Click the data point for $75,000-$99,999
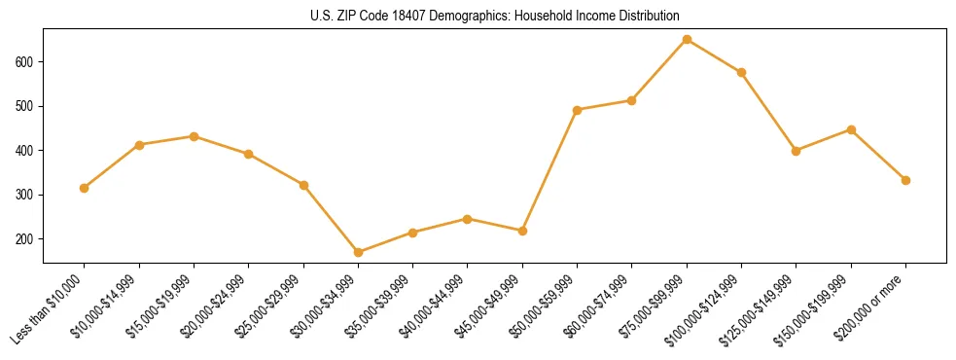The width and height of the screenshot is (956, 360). point(687,40)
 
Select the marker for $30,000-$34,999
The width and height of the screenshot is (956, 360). point(358,252)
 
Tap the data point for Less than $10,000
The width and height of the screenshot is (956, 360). point(85,188)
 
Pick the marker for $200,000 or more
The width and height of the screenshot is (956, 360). point(905,180)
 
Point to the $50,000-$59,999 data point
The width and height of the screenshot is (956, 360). point(577,110)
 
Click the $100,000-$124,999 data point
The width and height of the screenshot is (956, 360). point(741,72)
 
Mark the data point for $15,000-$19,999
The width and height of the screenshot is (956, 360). point(194,136)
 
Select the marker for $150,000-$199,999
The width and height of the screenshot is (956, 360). point(851,129)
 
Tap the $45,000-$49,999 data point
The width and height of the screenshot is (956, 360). point(522,231)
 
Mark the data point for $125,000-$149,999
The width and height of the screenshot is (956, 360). point(796,151)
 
